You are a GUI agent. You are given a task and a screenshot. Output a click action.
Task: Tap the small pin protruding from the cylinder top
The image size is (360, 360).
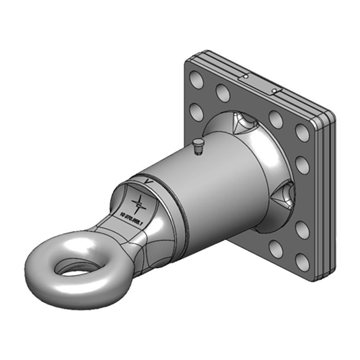[197, 146]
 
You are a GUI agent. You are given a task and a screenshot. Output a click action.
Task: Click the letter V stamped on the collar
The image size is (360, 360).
[147, 180]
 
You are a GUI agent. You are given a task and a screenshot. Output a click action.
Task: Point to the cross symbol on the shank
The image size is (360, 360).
[140, 204]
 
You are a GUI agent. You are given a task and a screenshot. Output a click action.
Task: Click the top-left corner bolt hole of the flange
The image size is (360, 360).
[197, 81]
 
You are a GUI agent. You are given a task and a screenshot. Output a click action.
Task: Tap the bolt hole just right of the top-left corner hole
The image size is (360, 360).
[223, 92]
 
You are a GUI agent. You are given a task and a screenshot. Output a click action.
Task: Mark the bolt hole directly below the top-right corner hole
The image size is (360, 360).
[302, 165]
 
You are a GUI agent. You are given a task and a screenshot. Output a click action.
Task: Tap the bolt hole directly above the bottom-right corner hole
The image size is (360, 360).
[302, 230]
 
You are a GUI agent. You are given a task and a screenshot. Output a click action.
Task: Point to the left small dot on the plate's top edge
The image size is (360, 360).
[245, 76]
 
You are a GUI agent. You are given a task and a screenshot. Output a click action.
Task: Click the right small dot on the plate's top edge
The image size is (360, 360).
[274, 91]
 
